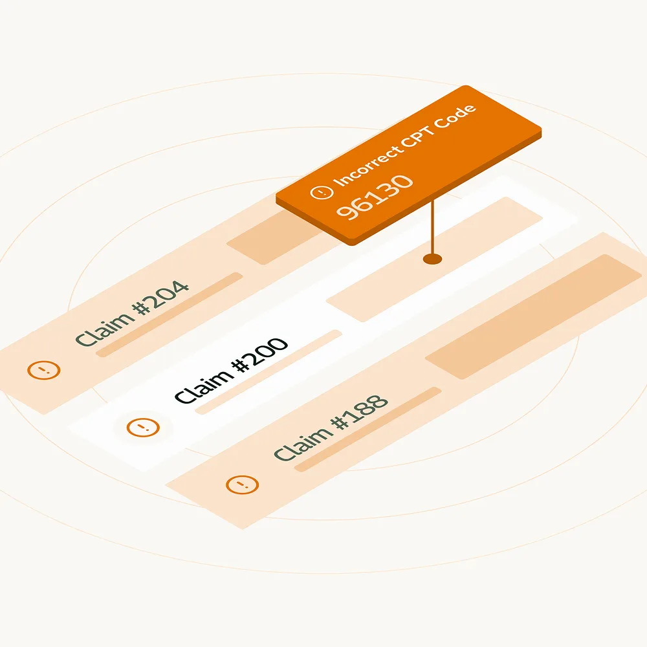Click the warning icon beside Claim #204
(44, 370)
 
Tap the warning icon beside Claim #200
(143, 427)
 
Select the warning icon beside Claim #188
(242, 485)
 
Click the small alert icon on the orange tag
(322, 192)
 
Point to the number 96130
(375, 197)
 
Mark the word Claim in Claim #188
(303, 444)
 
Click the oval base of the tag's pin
(432, 259)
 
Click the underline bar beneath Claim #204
(169, 314)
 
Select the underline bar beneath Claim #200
(269, 372)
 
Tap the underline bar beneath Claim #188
(367, 429)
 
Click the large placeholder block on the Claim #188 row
(533, 316)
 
